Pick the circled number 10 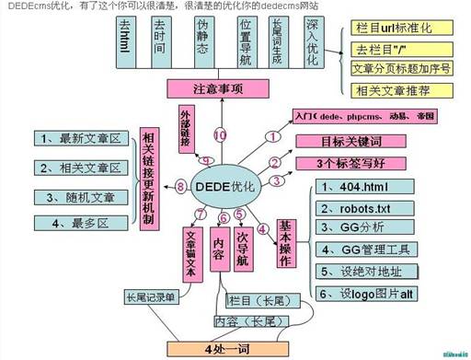(x=219, y=134)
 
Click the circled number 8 (x=180, y=187)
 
